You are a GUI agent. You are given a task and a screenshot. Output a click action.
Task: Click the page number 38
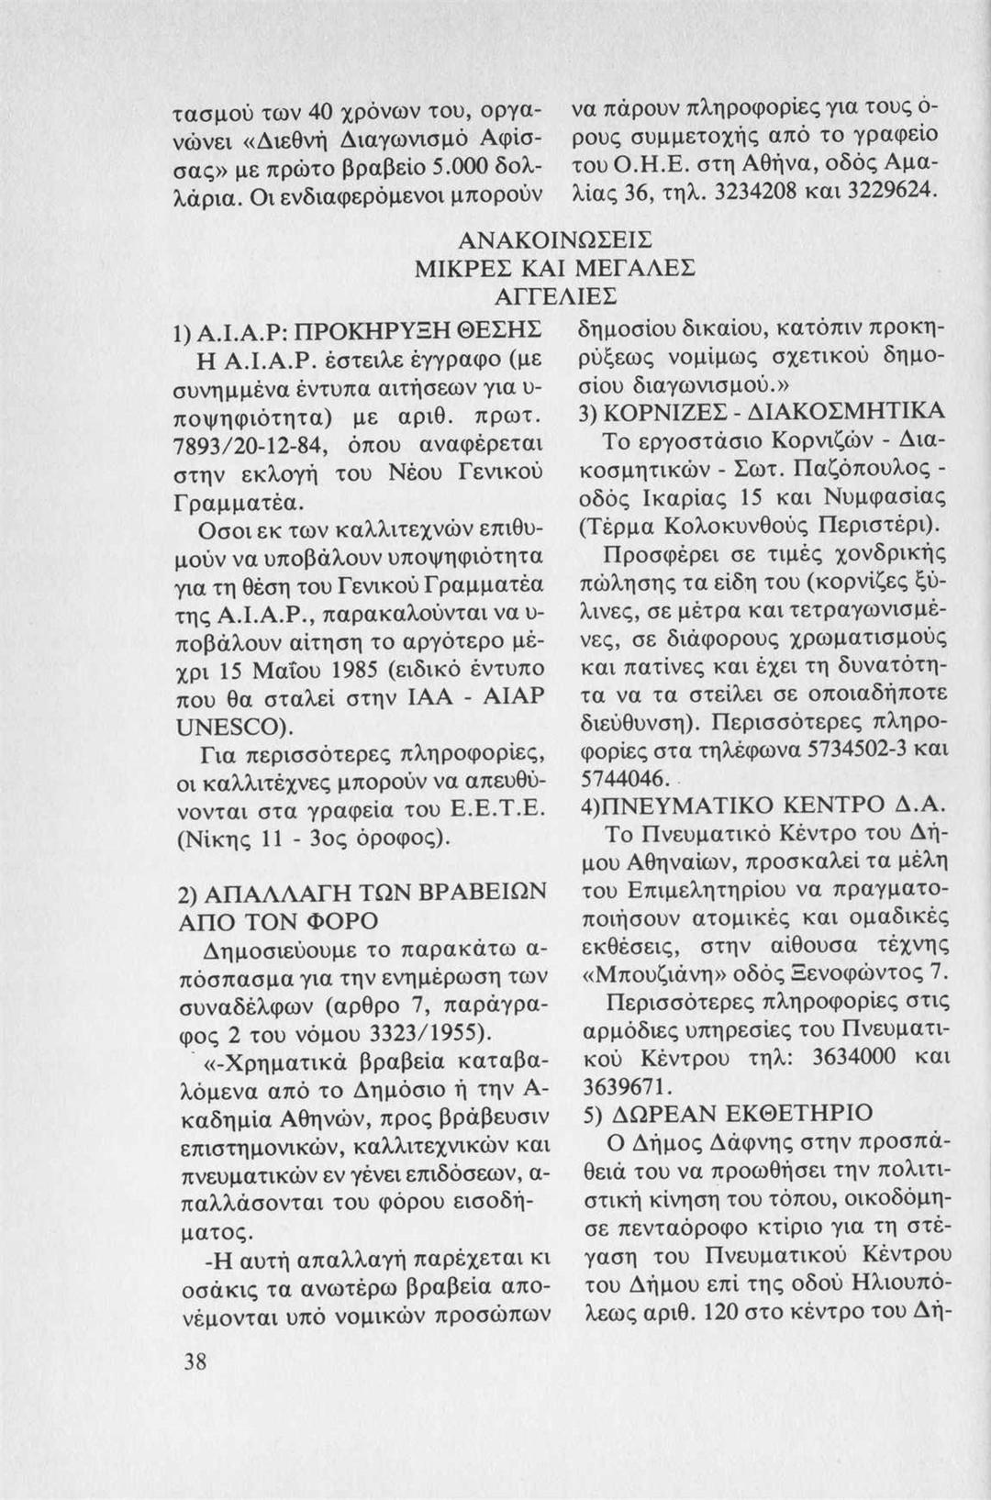[x=193, y=1361]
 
